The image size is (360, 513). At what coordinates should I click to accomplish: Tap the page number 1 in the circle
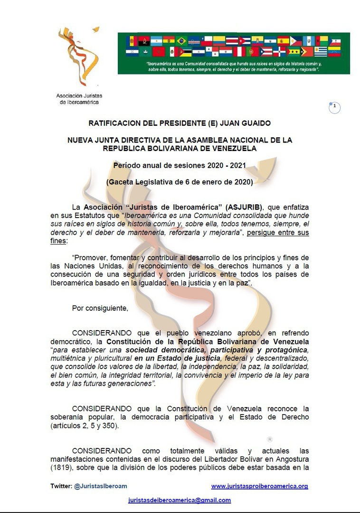(335, 107)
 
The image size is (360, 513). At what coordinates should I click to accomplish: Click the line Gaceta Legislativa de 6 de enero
(180, 181)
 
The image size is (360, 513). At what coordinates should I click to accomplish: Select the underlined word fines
(58, 241)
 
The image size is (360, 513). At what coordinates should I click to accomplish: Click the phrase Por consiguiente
(100, 308)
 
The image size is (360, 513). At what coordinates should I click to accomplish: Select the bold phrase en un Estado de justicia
(174, 358)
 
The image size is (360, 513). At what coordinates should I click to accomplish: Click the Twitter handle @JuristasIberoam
(100, 486)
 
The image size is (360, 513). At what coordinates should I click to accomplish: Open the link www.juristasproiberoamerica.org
(259, 486)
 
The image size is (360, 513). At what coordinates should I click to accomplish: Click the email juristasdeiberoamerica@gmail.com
(180, 500)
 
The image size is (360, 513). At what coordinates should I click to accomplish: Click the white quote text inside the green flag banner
(233, 66)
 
